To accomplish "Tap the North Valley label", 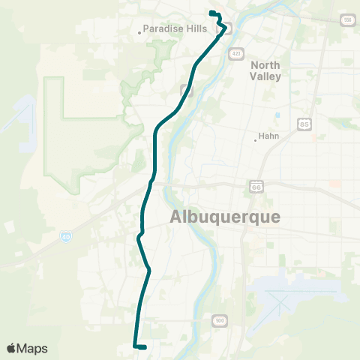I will click(265, 70).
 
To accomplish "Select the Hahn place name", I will click(268, 136).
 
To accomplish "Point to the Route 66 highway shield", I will click(256, 184).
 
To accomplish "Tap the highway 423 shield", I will click(236, 53).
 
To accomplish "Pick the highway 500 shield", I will click(219, 321).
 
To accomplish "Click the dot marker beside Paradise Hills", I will click(139, 31).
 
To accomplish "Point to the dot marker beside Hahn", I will click(255, 137).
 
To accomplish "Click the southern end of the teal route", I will click(142, 347).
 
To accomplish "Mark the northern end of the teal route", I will click(211, 13).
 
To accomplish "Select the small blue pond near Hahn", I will click(277, 115).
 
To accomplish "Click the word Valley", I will click(265, 76).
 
